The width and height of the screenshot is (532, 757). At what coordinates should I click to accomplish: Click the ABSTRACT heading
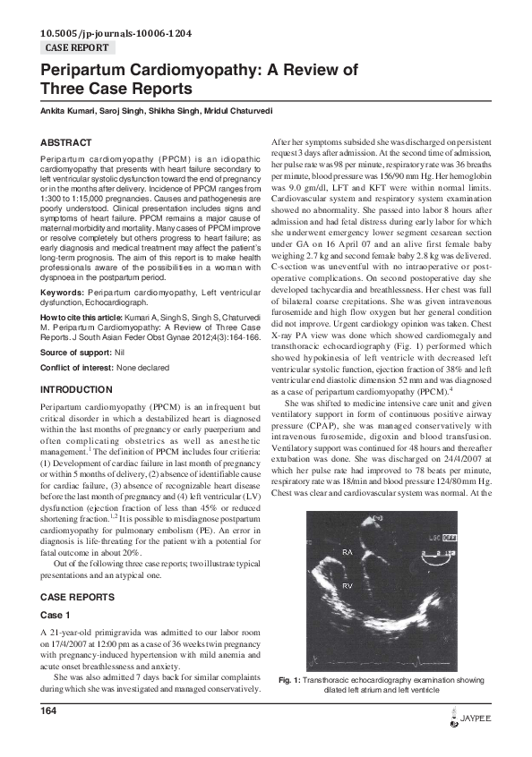[66, 142]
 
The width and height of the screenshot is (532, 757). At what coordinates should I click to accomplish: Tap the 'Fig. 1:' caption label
[290, 681]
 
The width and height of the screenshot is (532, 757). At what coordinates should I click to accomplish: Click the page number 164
[49, 710]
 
